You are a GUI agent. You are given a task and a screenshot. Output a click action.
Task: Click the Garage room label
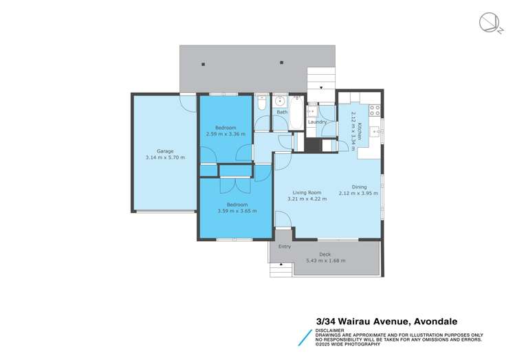[x=165, y=151]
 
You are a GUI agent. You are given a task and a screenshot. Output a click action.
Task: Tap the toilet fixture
[x=262, y=102]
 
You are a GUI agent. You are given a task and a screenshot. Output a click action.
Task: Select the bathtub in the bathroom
[x=296, y=112]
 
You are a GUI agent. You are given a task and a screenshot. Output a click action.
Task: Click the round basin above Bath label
[x=280, y=102]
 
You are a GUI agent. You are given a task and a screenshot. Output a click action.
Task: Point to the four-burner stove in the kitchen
[x=375, y=110]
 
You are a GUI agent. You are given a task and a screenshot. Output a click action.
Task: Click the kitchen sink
[x=375, y=132]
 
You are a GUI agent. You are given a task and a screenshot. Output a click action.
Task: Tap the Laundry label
[x=317, y=122]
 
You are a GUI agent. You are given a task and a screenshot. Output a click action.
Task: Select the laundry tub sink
[x=311, y=111]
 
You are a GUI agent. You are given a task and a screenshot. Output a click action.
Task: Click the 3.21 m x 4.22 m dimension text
[x=307, y=199]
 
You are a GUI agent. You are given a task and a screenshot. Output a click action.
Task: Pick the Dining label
[x=359, y=187]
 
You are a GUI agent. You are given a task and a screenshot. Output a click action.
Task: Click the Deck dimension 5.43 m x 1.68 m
[x=326, y=260]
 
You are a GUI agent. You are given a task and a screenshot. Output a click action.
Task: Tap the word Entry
[x=285, y=247]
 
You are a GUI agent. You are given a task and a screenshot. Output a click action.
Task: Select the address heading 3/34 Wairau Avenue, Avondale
[x=386, y=322]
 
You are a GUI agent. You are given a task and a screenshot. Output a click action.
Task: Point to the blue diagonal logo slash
[x=305, y=338]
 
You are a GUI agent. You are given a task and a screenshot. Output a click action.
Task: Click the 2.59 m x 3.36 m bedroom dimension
[x=226, y=134]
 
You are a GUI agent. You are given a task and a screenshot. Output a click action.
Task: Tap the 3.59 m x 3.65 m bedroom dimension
[x=237, y=211]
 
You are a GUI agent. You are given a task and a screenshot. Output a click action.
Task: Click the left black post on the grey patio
[x=204, y=65]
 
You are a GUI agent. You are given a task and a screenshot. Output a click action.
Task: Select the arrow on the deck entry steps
[x=281, y=264]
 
